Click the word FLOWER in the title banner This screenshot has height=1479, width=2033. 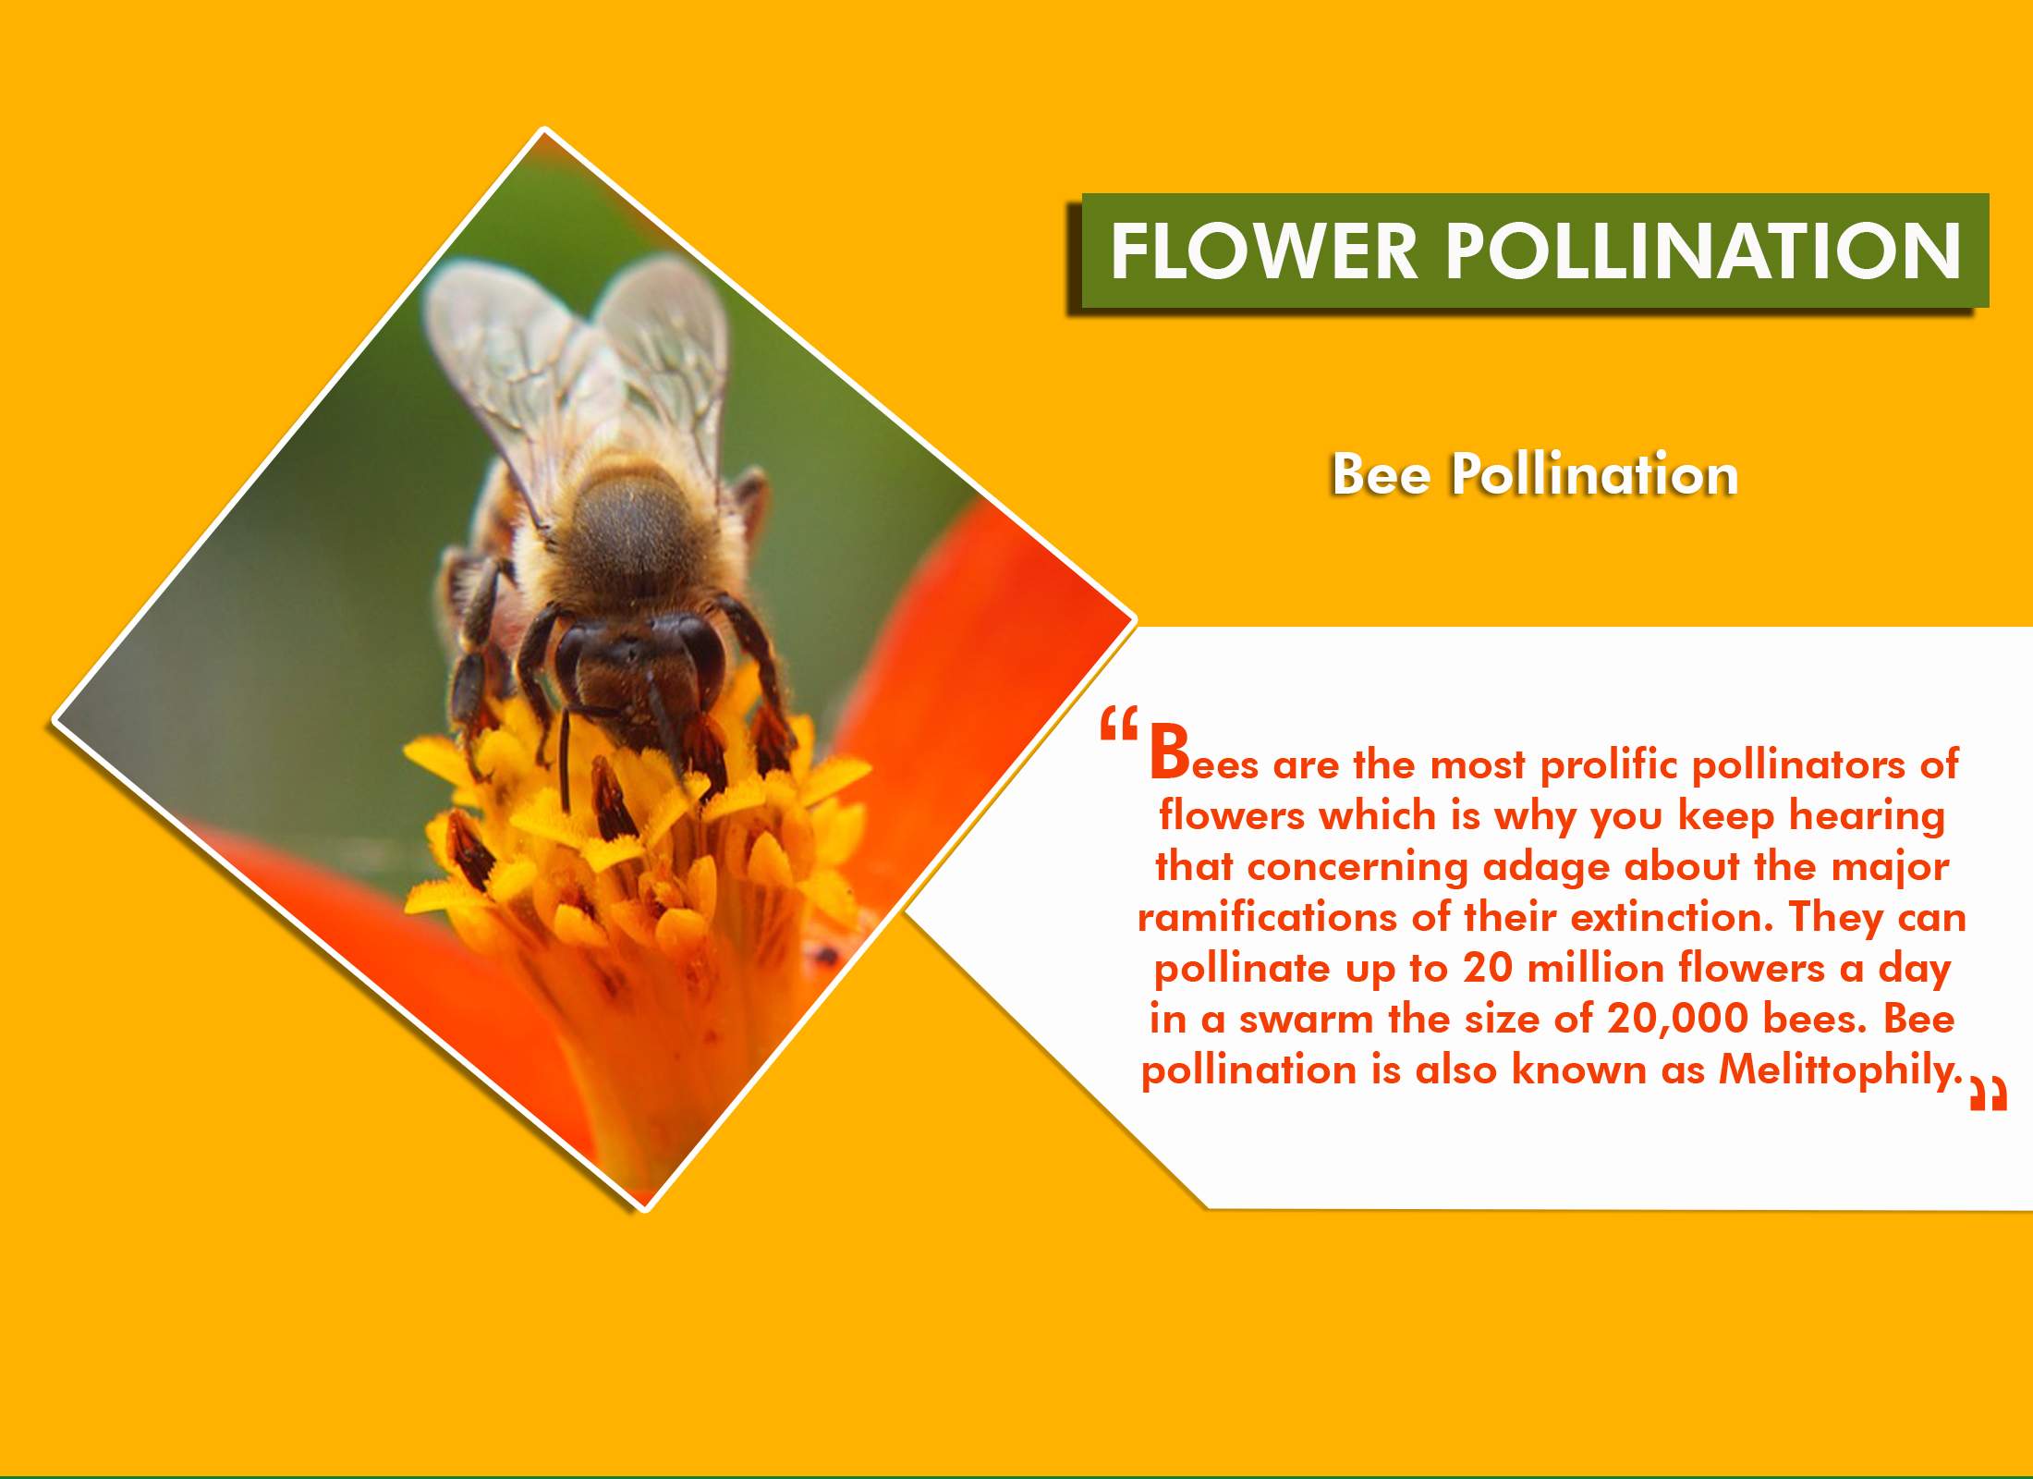(1263, 251)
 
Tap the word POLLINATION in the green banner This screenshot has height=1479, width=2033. (1702, 251)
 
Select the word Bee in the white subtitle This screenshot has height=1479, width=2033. (1381, 475)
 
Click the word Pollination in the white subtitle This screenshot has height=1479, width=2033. (1594, 475)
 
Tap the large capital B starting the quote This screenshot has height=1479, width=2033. (1169, 752)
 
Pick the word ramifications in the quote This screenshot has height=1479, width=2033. (1266, 917)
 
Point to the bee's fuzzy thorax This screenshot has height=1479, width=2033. (628, 536)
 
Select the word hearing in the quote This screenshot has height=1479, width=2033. (1867, 816)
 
